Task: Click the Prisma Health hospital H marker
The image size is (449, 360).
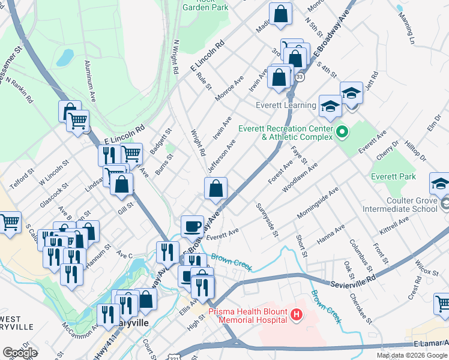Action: pos(295,314)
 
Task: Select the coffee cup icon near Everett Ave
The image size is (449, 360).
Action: pos(192,226)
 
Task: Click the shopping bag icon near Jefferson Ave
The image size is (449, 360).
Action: pos(216,188)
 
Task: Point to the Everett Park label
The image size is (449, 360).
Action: pos(393,177)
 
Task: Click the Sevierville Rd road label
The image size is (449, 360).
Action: pos(355,281)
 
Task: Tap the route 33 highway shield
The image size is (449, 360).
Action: pos(300,77)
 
